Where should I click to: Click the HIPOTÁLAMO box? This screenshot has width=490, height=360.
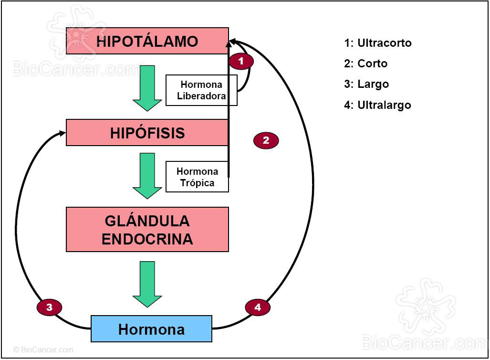147,41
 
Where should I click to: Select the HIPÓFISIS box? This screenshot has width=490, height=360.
147,132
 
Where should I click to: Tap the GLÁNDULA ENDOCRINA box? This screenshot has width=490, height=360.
147,229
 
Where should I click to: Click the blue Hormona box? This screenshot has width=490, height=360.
151,329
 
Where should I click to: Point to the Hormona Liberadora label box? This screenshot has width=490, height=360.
201,90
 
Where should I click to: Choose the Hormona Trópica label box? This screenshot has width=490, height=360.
197,177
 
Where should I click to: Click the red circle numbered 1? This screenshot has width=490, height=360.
241,61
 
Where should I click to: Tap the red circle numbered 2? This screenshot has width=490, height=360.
266,140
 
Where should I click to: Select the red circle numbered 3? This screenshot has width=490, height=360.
49,307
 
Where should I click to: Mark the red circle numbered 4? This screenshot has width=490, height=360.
258,307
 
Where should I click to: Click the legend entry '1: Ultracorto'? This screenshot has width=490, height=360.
377,43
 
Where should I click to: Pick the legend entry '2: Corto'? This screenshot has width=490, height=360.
365,64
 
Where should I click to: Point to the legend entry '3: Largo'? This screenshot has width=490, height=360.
366,84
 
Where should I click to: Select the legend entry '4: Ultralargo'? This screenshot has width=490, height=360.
377,105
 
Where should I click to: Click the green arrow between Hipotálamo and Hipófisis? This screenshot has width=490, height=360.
147,87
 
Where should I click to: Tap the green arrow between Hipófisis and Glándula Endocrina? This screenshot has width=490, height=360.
147,175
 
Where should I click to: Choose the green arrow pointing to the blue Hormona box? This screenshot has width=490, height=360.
147,284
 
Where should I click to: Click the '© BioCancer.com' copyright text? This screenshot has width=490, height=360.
43,349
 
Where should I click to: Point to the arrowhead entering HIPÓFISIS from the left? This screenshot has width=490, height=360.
63,133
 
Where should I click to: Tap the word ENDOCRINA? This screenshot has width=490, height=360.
147,239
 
